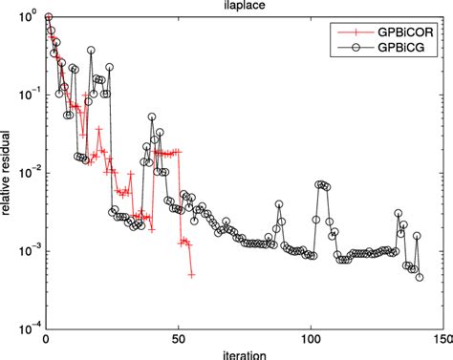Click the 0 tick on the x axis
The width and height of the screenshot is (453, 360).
coord(46,338)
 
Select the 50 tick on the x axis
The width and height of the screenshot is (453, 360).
coord(179,338)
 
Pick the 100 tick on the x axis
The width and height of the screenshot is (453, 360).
coord(311,338)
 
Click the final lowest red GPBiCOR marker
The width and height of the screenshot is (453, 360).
coord(192,275)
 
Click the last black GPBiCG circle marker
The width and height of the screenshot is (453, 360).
coord(419,277)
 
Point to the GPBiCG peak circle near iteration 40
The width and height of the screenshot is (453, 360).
coord(152,116)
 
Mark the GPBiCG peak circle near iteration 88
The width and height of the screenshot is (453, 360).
coord(279,203)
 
